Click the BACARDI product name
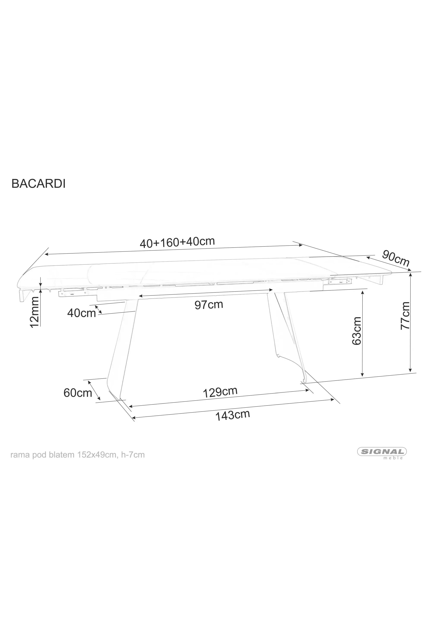(x=38, y=184)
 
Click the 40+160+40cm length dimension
(x=177, y=242)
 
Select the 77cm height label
(x=405, y=315)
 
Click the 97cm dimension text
(x=209, y=304)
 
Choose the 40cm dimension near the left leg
(x=81, y=313)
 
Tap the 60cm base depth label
(x=78, y=393)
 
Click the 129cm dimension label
(x=220, y=392)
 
